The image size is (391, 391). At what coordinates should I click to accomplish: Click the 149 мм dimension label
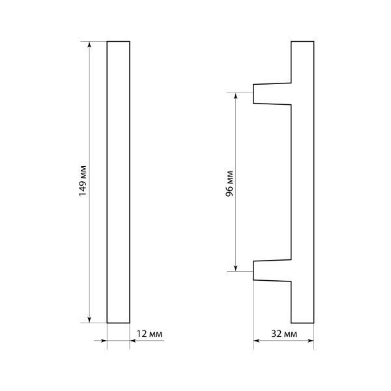tap(83, 181)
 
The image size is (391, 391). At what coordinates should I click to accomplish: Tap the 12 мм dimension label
tap(149, 334)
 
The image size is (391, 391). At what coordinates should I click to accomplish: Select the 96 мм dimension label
tap(229, 184)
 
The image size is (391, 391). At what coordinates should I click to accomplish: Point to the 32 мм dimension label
tap(284, 334)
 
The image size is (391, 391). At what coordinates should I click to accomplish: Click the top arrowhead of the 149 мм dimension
tap(89, 44)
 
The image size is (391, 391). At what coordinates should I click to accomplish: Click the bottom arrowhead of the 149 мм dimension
tap(89, 320)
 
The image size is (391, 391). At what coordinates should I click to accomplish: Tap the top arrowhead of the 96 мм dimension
tap(236, 96)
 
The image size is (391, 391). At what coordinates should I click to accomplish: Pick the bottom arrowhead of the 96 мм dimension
tap(236, 268)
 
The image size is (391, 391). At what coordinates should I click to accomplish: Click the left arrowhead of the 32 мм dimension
tap(256, 341)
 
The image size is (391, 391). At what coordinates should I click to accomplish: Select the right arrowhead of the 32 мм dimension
tap(311, 341)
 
